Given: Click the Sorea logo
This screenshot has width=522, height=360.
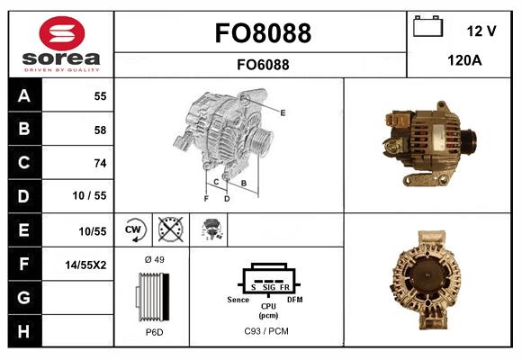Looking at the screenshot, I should point(61,44).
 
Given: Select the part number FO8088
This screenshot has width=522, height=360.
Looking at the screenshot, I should point(262,33).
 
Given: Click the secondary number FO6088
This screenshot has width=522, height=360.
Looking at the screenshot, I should point(262,65).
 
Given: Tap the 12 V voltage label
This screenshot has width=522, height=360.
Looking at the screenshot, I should point(481,31).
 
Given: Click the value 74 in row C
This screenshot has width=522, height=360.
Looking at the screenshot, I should point(100,163).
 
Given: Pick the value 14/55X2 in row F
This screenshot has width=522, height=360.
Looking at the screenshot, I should point(87,265).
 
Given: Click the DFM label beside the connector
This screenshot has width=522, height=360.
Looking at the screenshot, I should point(294,298).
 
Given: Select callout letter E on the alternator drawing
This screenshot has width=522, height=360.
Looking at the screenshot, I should point(283,112).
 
